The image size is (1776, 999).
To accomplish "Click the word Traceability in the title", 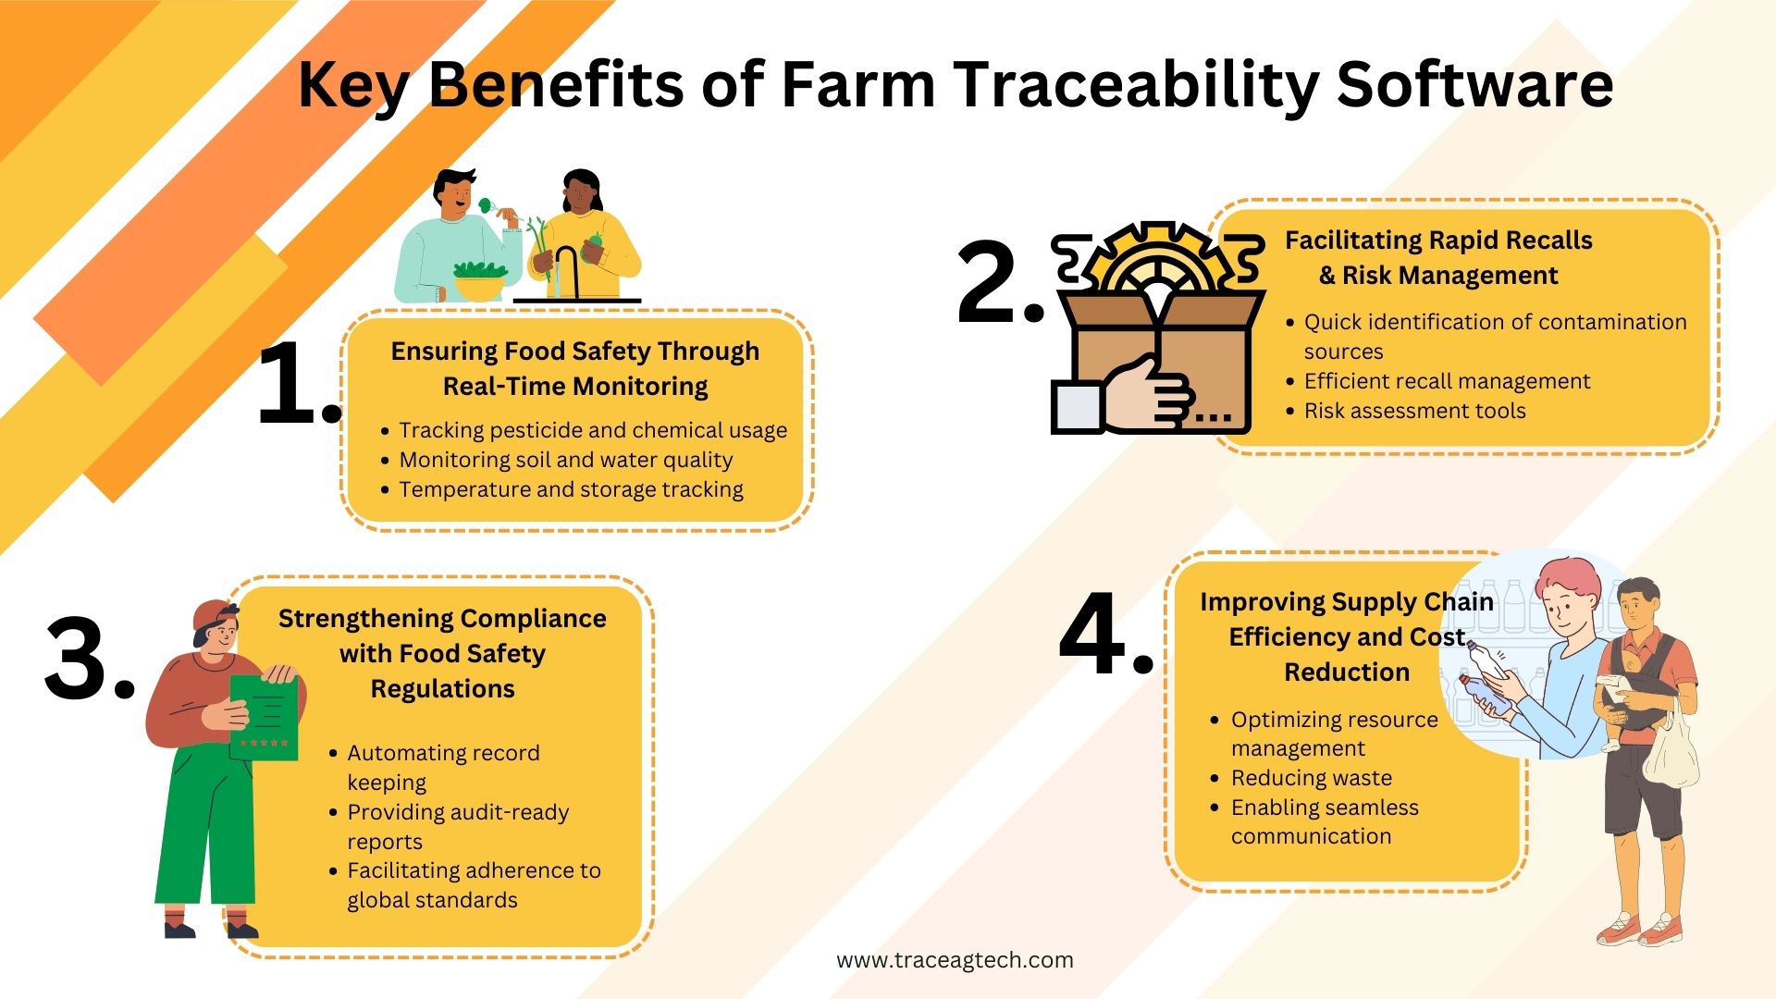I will point(1136,85).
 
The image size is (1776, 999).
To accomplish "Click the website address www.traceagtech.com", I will point(955,960).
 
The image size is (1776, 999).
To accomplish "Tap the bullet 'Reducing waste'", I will point(1311,778).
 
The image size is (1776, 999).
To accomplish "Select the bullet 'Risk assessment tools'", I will point(1414,411).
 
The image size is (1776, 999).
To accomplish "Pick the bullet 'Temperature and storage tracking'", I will point(571,489).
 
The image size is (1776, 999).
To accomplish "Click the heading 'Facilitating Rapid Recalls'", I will point(1438,240).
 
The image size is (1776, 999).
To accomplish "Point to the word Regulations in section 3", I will point(442,689).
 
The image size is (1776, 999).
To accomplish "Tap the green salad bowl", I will point(479,280).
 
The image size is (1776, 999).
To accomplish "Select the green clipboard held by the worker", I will point(265,716).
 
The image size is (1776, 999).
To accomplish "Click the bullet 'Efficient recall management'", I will point(1447,381).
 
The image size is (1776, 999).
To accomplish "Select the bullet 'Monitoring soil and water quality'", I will point(565,460).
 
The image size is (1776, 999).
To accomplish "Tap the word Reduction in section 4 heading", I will point(1347,672).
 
